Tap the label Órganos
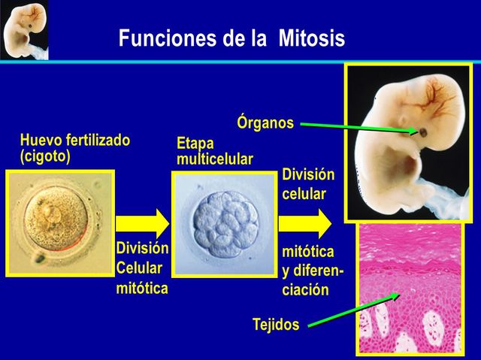coord(265,123)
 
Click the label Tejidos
coord(275,325)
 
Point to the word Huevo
coord(42,141)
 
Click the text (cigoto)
coord(45,156)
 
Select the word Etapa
coord(195,144)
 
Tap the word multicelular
coord(215,159)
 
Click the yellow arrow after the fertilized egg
coord(143,222)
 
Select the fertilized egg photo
coord(59,222)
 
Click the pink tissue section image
coord(409,289)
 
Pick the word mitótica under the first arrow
coord(142,289)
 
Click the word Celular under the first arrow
coord(139,268)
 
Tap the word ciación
coord(305,290)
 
